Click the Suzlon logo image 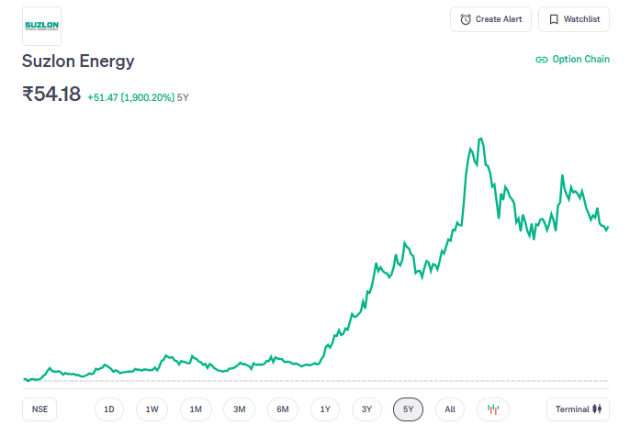tap(41, 26)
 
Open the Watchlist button tap(574, 19)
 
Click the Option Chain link tap(572, 59)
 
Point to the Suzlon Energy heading tap(78, 62)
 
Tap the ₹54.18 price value tap(51, 94)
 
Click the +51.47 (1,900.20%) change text tap(130, 96)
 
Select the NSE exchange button tap(39, 409)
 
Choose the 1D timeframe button tap(108, 409)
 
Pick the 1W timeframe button tap(152, 409)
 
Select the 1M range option tap(196, 409)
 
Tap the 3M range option tap(239, 409)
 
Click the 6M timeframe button tap(283, 409)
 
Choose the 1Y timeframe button tap(326, 409)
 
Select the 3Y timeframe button tap(366, 409)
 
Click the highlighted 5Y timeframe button tap(408, 409)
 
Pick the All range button tap(450, 409)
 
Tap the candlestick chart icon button tap(492, 409)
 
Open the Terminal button tap(577, 409)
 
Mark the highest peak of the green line tap(481, 139)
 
